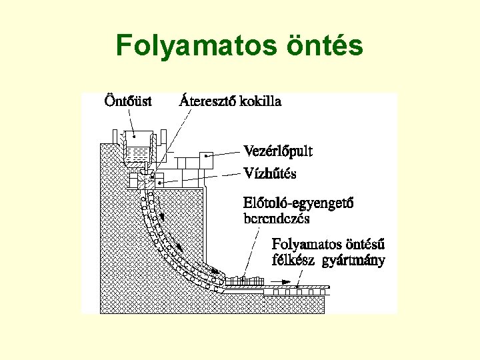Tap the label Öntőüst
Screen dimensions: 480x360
128,101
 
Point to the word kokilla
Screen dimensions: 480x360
259,101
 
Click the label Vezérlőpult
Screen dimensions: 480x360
278,151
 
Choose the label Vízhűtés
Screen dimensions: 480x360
270,173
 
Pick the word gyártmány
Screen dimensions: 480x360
353,261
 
